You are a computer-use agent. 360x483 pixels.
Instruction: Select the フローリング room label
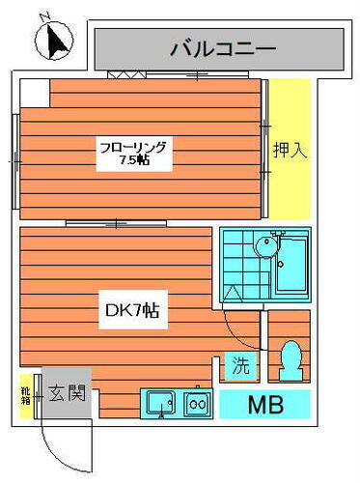134,148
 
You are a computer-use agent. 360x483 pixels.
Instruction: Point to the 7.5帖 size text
134,162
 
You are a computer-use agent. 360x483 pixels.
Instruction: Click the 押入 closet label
287,152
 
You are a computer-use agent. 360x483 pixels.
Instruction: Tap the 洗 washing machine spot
239,366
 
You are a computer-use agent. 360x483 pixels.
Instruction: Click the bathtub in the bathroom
291,263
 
